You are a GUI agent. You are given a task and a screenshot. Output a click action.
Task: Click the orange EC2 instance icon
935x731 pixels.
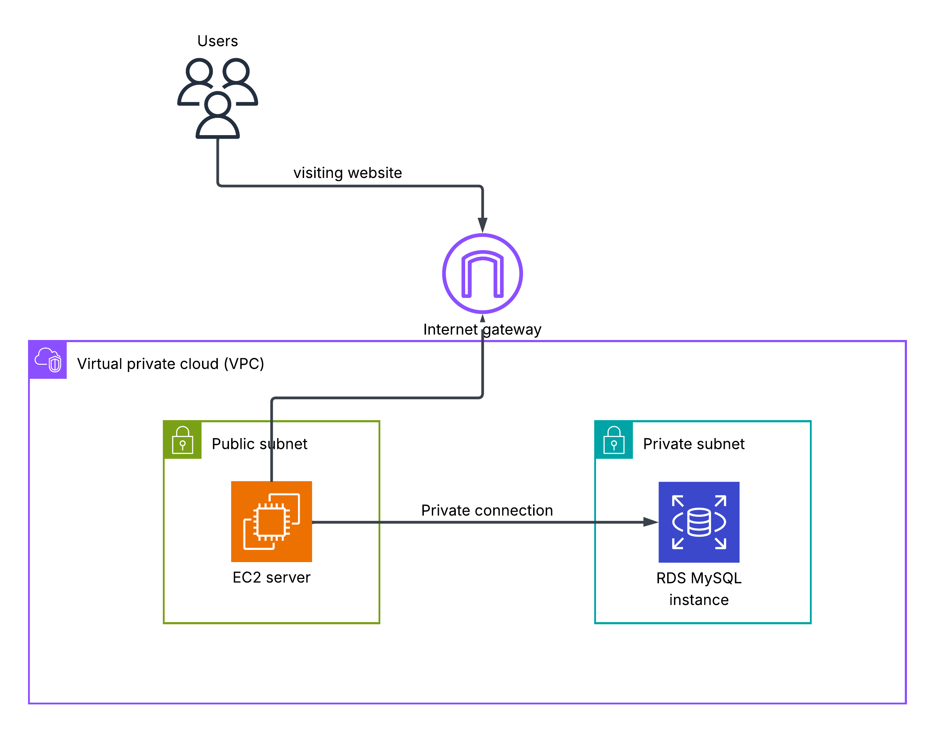pyautogui.click(x=271, y=521)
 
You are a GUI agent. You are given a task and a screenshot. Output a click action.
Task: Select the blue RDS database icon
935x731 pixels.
pyautogui.click(x=699, y=522)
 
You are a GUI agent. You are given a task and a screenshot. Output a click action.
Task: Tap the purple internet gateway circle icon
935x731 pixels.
pyautogui.click(x=482, y=273)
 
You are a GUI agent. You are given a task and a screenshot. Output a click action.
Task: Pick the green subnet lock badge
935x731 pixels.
pyautogui.click(x=182, y=440)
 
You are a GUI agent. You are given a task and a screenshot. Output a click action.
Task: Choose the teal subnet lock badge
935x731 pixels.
pyautogui.click(x=614, y=440)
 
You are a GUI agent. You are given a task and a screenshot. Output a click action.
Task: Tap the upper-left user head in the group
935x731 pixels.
pyautogui.click(x=199, y=71)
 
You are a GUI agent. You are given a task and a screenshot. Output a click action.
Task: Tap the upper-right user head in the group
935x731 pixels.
pyautogui.click(x=236, y=71)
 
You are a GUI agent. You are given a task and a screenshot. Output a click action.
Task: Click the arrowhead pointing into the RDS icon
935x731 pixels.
pyautogui.click(x=650, y=522)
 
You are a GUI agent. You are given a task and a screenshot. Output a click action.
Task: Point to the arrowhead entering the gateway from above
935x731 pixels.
pyautogui.click(x=482, y=225)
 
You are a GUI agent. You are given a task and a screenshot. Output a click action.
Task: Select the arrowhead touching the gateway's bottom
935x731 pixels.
pyautogui.click(x=482, y=318)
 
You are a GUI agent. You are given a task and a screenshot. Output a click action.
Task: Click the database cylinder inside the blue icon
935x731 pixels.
pyautogui.click(x=699, y=522)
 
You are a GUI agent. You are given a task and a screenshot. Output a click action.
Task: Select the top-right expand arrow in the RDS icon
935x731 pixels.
pyautogui.click(x=720, y=500)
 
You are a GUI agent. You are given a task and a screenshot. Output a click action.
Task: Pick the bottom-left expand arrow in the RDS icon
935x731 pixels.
pyautogui.click(x=677, y=543)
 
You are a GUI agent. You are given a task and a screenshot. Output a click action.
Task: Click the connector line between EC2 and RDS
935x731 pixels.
pyautogui.click(x=471, y=522)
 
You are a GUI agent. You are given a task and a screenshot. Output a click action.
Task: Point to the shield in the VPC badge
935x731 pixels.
pyautogui.click(x=55, y=364)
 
